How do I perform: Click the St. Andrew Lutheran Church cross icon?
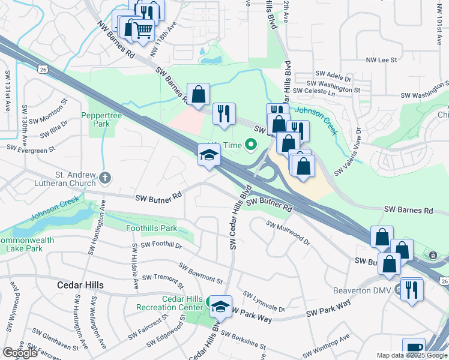105,178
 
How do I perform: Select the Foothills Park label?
151,228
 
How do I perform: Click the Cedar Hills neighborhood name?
80,285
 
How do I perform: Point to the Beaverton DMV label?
362,290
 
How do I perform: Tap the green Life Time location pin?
250,145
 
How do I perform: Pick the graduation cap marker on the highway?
209,156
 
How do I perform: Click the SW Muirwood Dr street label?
289,233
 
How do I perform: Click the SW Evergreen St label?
31,146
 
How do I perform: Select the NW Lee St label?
382,60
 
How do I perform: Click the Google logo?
20,353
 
